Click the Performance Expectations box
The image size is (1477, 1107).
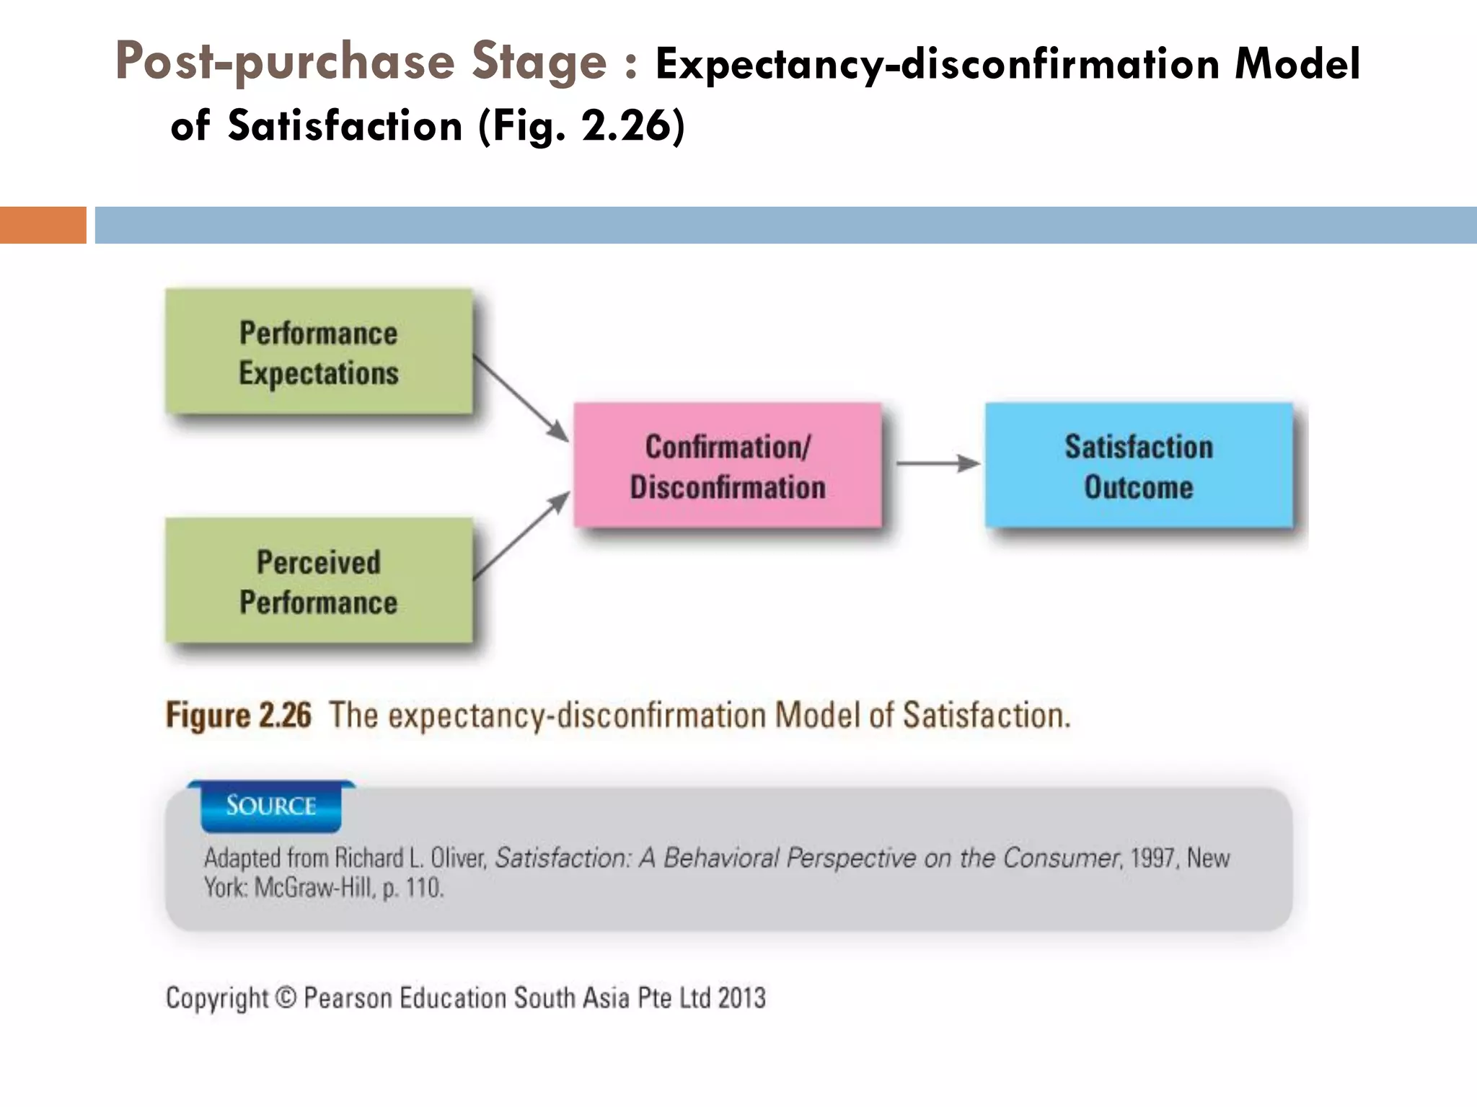tap(319, 352)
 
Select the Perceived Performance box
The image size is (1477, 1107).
tap(319, 581)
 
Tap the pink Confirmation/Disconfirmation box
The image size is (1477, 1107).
tap(728, 466)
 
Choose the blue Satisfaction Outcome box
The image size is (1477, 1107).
tap(1139, 466)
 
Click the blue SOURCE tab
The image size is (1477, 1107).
tap(271, 806)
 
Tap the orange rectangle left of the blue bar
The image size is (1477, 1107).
tap(43, 225)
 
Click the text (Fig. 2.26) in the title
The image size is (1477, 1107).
tap(581, 126)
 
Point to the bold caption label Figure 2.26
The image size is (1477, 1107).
tap(239, 716)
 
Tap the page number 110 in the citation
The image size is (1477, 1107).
tap(423, 888)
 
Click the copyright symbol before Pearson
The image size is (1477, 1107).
tap(286, 997)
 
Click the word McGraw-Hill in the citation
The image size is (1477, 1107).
tap(315, 888)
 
